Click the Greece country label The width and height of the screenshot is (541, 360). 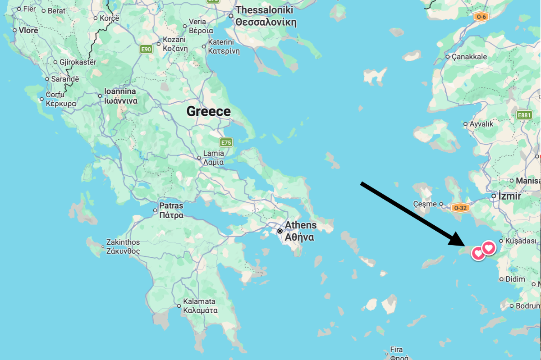click(208, 111)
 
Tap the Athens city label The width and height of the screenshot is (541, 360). click(301, 231)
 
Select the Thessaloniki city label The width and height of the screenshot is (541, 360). click(265, 15)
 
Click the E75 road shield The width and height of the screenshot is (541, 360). click(226, 143)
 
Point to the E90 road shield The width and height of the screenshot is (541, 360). click(146, 49)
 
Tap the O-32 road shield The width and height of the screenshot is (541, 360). click(460, 208)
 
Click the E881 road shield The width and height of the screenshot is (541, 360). click(525, 115)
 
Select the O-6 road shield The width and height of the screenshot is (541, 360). click(481, 17)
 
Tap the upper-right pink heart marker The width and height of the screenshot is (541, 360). click(489, 247)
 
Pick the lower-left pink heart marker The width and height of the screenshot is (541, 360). click(478, 253)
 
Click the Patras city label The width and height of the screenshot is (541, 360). click(171, 210)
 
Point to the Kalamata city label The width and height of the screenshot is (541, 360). click(200, 305)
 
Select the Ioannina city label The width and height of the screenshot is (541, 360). click(121, 96)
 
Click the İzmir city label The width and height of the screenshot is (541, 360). click(509, 196)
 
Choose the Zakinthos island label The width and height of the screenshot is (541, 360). click(123, 246)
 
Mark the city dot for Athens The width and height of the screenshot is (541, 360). click(280, 231)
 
